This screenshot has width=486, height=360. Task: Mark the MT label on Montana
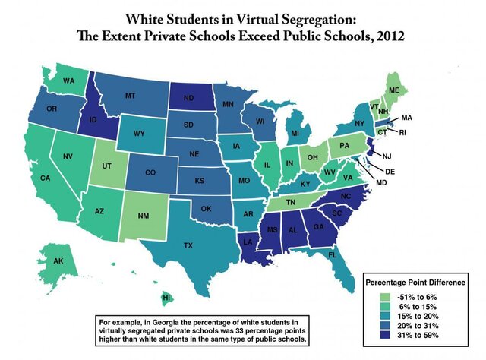click(x=129, y=96)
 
